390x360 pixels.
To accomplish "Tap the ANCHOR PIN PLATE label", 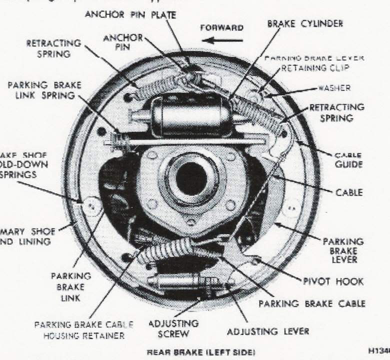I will coord(130,14).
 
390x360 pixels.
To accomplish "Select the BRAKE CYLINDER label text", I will coord(305,24).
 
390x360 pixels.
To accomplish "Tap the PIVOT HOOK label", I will coord(332,281).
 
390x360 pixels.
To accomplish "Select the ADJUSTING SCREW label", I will coord(173,328).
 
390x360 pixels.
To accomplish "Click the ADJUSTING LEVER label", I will coord(268,331).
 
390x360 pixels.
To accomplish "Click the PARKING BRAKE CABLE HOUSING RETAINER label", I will coord(79,330).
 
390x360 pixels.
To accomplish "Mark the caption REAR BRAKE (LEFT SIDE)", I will coord(200,352).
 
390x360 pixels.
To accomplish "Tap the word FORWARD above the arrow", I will coord(221,28).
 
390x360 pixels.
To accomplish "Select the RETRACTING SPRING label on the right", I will coord(336,112).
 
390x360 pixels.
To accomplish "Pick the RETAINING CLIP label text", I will coord(315,68).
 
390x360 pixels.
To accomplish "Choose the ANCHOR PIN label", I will coord(123,42).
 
